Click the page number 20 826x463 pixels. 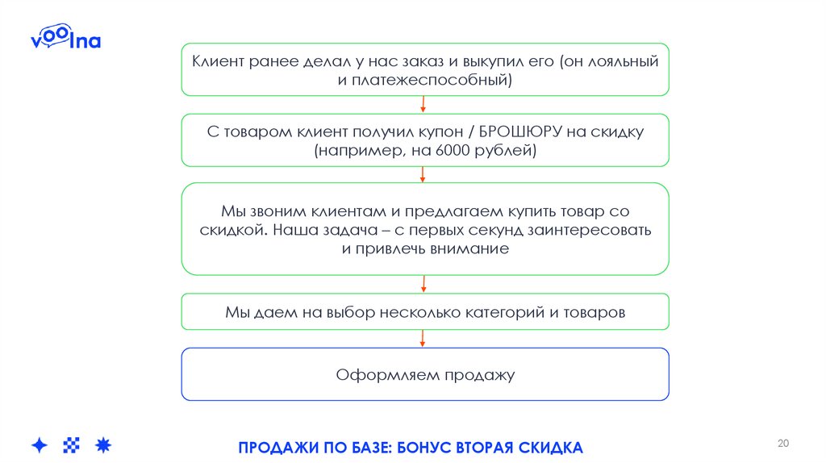pyautogui.click(x=782, y=444)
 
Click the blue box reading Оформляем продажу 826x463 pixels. pyautogui.click(x=425, y=374)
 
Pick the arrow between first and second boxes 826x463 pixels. pyautogui.click(x=424, y=104)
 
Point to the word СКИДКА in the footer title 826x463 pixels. pyautogui.click(x=554, y=448)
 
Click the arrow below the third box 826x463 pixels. pyautogui.click(x=424, y=283)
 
